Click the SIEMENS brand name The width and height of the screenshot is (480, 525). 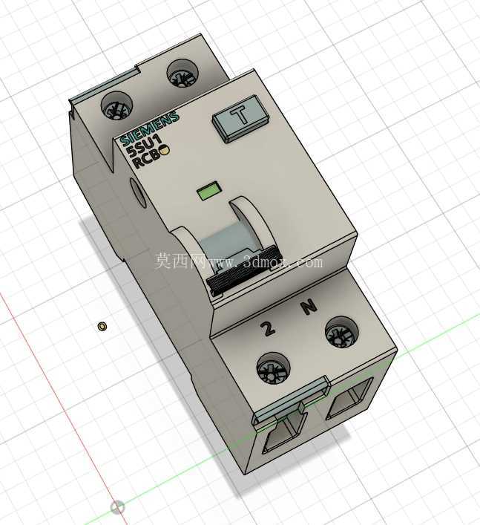149,129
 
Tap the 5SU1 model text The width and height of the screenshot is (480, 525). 145,146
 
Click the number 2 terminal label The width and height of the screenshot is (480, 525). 268,328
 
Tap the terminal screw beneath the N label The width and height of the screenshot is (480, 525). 341,333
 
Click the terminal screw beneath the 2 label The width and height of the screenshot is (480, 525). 273,368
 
